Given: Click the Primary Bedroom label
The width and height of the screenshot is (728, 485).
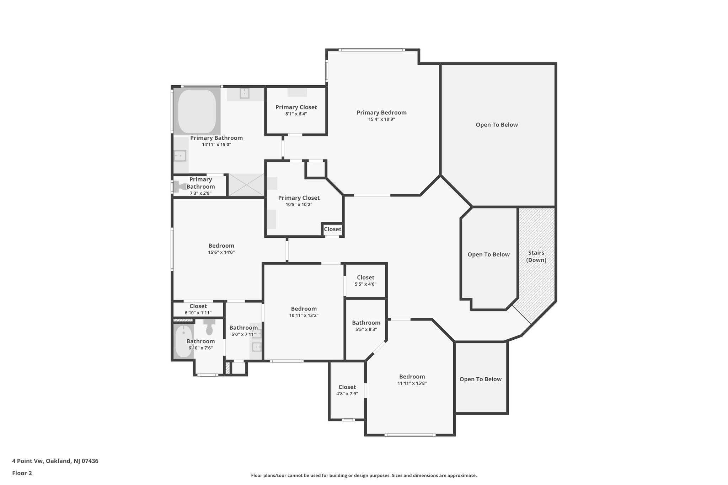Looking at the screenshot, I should click(x=381, y=113).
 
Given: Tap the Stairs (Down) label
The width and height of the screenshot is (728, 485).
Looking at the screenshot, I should click(x=536, y=256).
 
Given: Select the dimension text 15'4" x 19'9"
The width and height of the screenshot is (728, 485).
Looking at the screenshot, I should click(x=381, y=119).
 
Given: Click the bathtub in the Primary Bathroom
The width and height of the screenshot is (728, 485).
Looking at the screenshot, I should click(x=197, y=111).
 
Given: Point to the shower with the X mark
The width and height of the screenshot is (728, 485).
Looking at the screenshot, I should click(x=246, y=185).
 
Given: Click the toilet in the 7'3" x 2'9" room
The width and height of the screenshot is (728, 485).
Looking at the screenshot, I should click(x=180, y=186).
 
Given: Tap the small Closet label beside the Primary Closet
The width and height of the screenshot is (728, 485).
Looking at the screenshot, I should click(x=332, y=229).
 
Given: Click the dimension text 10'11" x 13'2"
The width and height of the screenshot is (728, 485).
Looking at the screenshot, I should click(x=304, y=316).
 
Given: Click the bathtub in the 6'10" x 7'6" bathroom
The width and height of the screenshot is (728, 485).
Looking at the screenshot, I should click(x=184, y=341).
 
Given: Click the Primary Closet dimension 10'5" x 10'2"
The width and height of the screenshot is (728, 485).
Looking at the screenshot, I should click(x=299, y=205).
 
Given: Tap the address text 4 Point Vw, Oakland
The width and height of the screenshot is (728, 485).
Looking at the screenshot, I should click(x=55, y=461).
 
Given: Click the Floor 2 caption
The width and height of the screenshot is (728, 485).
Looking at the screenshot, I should click(x=22, y=473).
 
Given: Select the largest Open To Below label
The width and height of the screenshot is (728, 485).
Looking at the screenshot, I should click(x=497, y=125).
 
